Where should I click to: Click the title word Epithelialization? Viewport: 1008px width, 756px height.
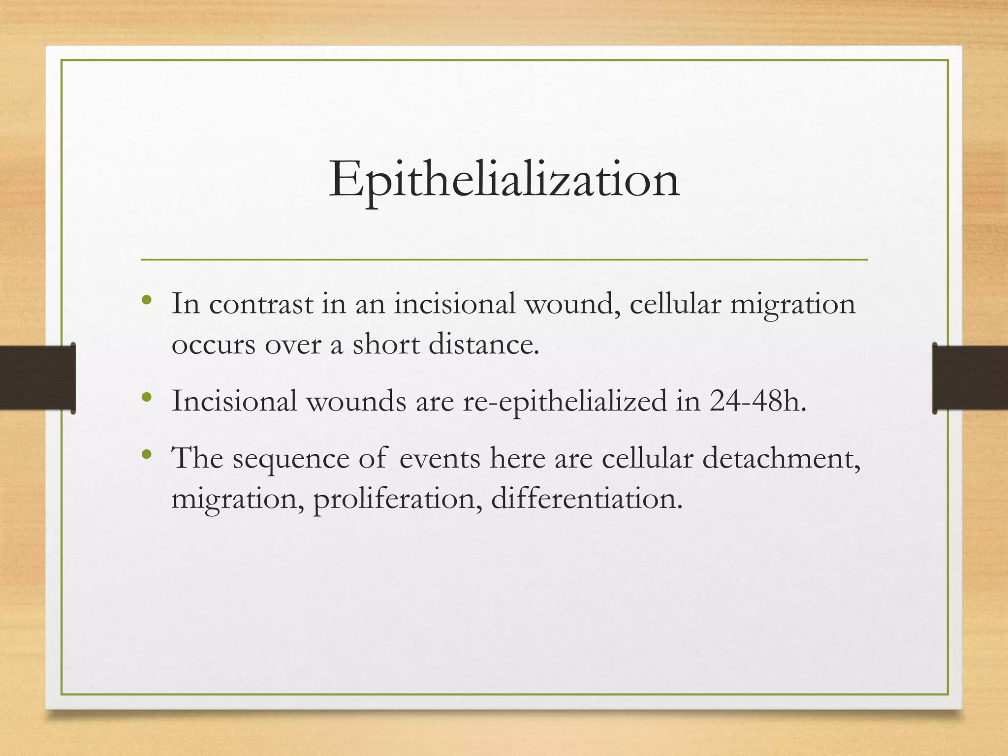504,180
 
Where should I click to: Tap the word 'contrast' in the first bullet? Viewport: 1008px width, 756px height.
261,304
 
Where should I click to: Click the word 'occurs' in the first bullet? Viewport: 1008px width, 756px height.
213,345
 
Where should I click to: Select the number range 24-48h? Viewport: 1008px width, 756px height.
758,401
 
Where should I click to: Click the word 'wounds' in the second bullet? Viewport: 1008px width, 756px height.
356,401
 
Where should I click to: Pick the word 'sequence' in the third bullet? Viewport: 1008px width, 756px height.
291,459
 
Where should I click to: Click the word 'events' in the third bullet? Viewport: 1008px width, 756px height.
440,459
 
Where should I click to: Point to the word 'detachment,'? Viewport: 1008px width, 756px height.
781,459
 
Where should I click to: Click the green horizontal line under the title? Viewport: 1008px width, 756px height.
504,259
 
